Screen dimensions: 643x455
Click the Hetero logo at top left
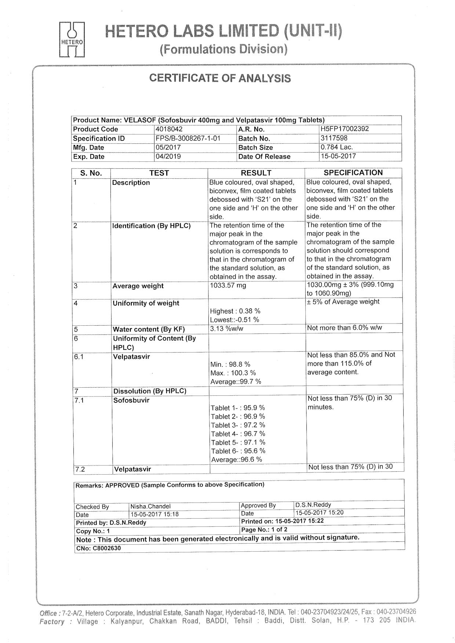click(x=72, y=40)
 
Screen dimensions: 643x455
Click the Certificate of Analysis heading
click(x=220, y=78)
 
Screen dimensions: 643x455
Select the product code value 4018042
click(x=169, y=129)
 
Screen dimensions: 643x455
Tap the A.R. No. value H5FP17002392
click(x=345, y=129)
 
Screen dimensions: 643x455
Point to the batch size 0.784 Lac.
click(x=336, y=147)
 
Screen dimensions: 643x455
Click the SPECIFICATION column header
click(x=353, y=173)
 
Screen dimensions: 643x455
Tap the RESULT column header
click(x=256, y=173)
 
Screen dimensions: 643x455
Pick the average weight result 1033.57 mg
click(x=228, y=285)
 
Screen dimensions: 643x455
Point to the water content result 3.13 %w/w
click(x=226, y=329)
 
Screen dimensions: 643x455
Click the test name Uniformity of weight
click(x=146, y=303)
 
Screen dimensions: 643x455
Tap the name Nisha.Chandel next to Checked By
click(x=150, y=507)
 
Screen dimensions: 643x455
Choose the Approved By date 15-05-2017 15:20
click(x=319, y=513)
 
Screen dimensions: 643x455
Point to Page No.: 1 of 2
click(x=264, y=530)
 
